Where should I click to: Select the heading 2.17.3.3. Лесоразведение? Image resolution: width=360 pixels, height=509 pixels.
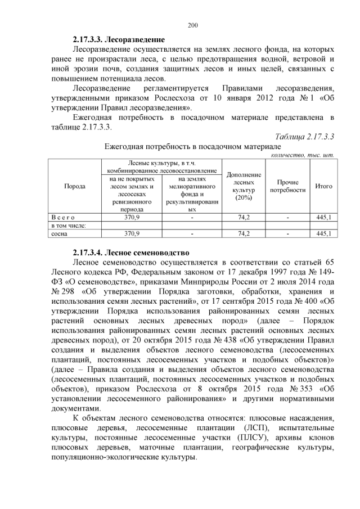click(119, 40)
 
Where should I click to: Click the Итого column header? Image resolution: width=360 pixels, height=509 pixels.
click(323, 186)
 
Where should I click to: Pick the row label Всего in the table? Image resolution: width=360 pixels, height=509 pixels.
click(60, 217)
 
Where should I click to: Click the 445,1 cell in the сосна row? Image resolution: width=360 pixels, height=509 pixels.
click(323, 233)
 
